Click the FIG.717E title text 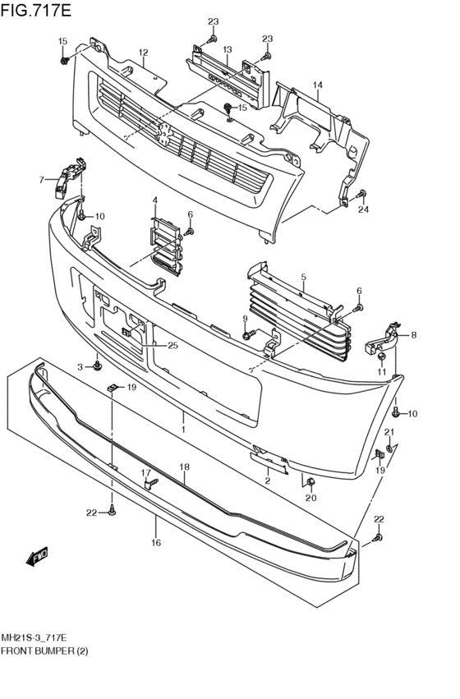pos(35,10)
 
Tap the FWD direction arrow pos(38,556)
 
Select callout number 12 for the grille pos(143,53)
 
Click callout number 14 pos(317,85)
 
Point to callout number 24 pos(364,209)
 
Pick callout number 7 pos(41,180)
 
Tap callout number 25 pos(172,345)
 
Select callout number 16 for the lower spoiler pos(155,543)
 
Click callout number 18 pos(184,467)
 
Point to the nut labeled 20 pos(311,481)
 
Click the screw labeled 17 pos(151,482)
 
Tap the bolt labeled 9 pos(249,333)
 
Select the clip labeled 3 pos(97,366)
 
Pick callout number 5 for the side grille pos(303,277)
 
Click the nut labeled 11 pos(381,357)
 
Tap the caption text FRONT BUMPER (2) pos(44,651)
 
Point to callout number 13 pos(228,48)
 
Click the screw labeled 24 pos(361,194)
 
